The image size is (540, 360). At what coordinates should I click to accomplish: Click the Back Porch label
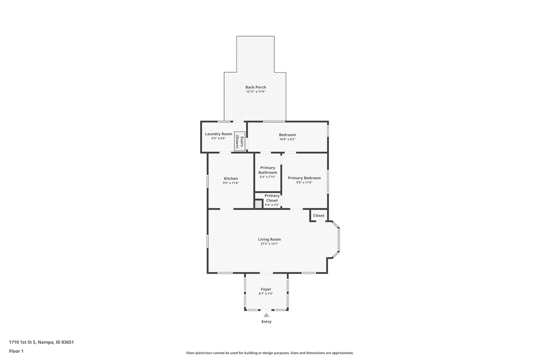255,87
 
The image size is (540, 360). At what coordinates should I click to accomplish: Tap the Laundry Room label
218,134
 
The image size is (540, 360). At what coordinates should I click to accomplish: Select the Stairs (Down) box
240,141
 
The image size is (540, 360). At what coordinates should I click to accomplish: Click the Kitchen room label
231,178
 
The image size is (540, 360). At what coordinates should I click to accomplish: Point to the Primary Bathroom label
268,170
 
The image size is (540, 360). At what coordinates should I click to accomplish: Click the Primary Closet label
272,198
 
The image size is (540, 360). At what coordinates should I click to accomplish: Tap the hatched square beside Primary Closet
259,204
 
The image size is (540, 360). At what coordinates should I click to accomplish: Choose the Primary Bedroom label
304,178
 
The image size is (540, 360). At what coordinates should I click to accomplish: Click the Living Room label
269,239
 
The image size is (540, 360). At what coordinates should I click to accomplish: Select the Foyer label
266,289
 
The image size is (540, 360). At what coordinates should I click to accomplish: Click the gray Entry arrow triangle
266,315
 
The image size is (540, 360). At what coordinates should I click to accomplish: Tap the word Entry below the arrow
266,322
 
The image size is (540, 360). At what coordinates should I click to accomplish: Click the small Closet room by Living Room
319,215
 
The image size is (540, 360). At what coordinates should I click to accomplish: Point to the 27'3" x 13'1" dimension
269,244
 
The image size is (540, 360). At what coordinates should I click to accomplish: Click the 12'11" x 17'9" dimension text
255,92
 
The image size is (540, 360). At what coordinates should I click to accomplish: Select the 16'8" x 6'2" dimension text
287,139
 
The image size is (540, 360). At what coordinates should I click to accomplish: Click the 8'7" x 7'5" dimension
266,294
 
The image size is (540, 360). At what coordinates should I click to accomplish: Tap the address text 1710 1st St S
22,342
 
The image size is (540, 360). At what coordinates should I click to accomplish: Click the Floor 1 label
16,351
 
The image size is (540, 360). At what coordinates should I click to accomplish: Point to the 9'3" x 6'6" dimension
218,139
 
